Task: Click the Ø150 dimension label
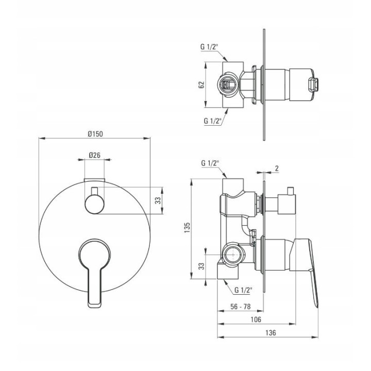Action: (95, 134)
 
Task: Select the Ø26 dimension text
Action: (95, 155)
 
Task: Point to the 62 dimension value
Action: (201, 85)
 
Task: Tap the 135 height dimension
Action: (187, 227)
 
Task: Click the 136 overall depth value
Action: (271, 333)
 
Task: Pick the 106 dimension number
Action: (256, 319)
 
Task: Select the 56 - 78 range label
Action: (241, 307)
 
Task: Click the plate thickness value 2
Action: (277, 168)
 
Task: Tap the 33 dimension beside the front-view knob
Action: (158, 200)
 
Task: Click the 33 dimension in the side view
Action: (201, 266)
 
